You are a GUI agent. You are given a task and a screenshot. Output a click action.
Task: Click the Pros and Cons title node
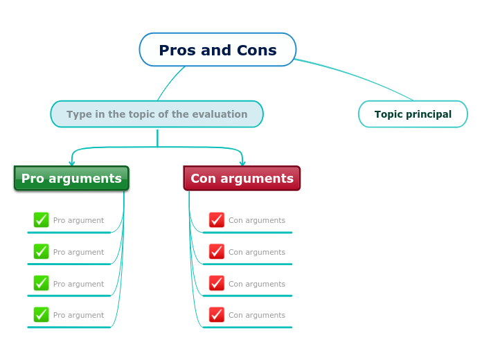click(x=217, y=50)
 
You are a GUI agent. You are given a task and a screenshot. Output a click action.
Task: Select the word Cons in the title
click(x=257, y=51)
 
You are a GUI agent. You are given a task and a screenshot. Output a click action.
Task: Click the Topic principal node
click(x=413, y=114)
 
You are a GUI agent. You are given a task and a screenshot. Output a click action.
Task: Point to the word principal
click(x=430, y=115)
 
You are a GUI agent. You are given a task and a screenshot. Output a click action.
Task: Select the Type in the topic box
click(x=157, y=114)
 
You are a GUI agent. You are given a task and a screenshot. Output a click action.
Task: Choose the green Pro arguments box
click(x=71, y=178)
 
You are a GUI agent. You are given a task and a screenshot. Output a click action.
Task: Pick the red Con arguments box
click(x=242, y=178)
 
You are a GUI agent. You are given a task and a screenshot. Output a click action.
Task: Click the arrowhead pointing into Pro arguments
click(x=72, y=163)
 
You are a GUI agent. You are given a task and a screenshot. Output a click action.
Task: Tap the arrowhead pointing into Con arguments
click(x=242, y=163)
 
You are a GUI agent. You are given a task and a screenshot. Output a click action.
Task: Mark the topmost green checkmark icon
click(x=42, y=220)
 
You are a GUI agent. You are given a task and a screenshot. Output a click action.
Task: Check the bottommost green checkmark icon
click(x=42, y=315)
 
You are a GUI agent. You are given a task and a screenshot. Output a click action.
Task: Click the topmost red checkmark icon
click(x=217, y=220)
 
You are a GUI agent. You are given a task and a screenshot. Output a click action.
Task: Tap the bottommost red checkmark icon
click(x=217, y=315)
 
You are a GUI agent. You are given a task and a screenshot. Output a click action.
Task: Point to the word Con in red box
click(x=204, y=179)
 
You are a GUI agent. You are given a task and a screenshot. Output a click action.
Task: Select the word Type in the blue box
click(x=78, y=114)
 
